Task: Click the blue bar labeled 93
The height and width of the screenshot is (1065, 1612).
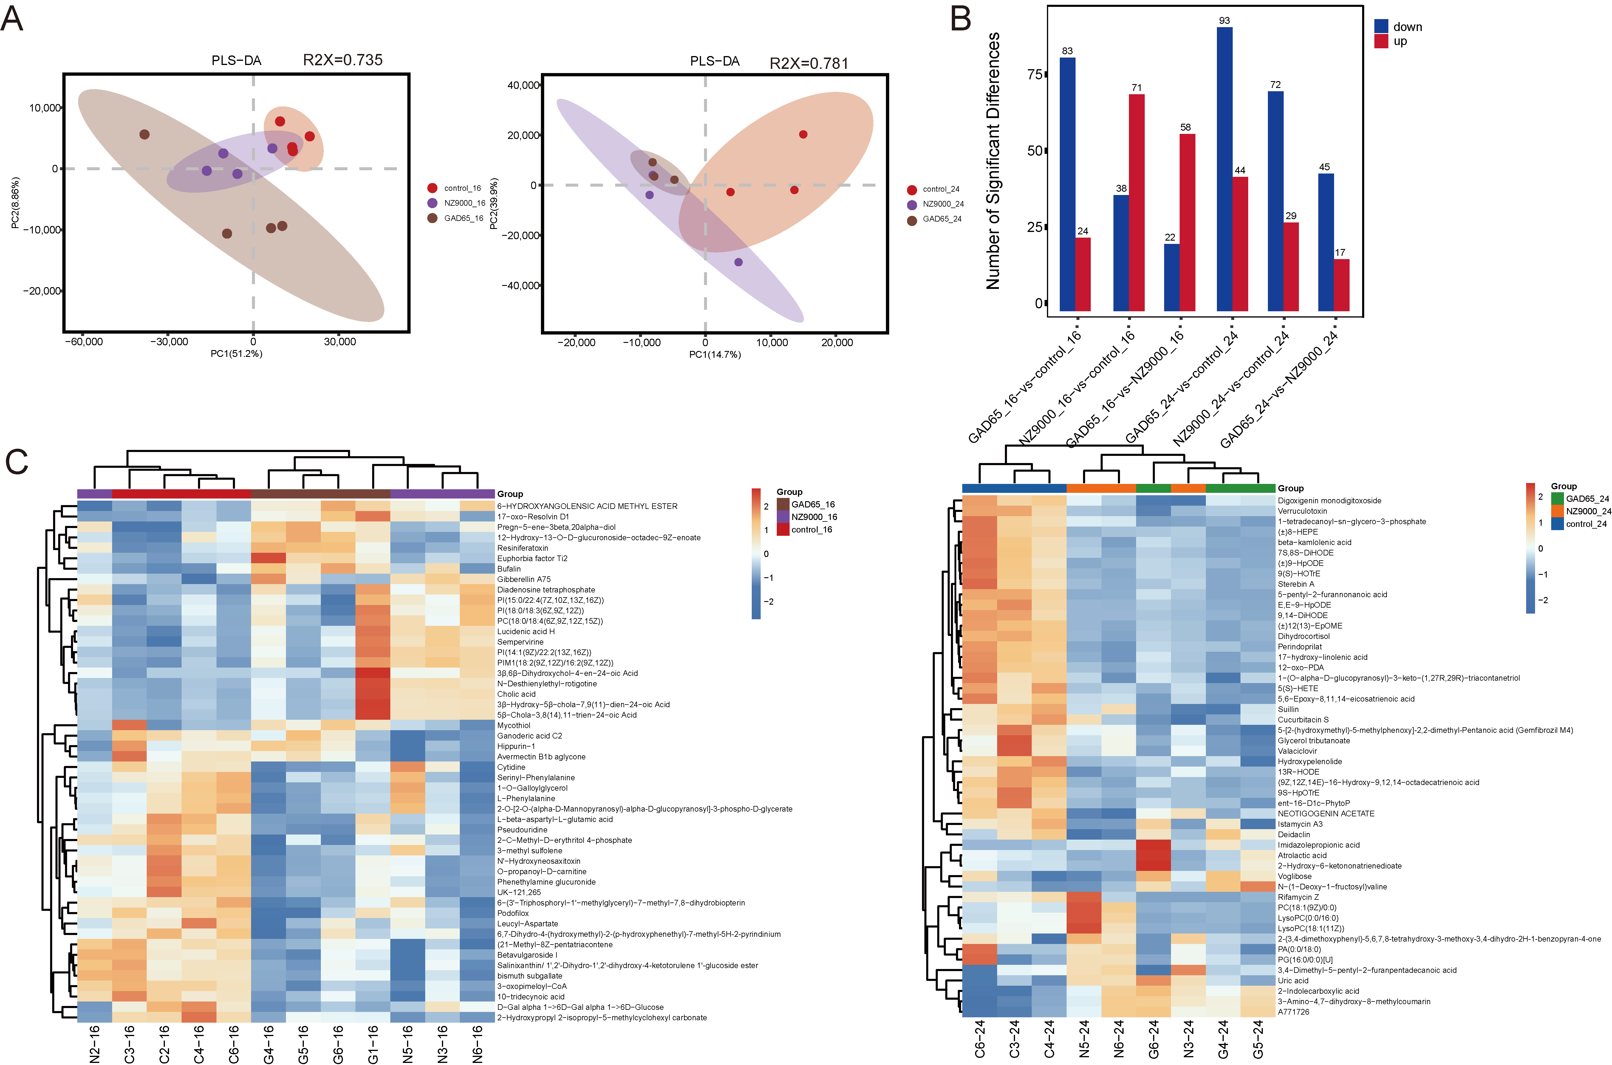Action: [1224, 170]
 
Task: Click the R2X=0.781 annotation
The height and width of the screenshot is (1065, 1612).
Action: [808, 63]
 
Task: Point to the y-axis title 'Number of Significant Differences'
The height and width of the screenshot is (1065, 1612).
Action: [993, 161]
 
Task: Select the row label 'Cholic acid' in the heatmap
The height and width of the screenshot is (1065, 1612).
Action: [516, 694]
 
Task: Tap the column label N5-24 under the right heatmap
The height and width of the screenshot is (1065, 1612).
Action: [1084, 1039]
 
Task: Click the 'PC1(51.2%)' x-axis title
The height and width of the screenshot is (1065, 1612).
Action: [236, 354]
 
